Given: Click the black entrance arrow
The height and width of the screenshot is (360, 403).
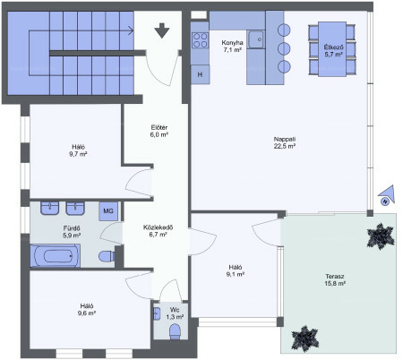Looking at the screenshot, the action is point(162,30).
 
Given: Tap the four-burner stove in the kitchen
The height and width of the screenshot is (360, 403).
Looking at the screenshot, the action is point(200,40).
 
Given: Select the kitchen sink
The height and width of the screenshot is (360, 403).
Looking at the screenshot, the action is point(256,39).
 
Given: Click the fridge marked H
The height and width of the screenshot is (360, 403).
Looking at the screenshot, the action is point(200,74).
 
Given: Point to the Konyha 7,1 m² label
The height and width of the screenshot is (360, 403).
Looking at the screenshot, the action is point(232,47).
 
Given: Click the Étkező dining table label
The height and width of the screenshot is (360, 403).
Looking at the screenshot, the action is point(333,51).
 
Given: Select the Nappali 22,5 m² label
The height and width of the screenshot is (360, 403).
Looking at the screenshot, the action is point(285,142).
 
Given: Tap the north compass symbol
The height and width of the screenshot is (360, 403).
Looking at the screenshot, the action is point(387,195).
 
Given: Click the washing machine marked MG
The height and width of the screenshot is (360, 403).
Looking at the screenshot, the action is point(108,211).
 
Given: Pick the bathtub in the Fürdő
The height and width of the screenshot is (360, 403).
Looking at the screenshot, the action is point(56,255).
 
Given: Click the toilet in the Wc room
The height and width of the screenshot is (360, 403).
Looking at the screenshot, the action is point(175,331).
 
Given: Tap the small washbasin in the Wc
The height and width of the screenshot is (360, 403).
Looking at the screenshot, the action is point(157,313).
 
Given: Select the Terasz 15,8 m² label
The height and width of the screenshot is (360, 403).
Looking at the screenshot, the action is point(335,279).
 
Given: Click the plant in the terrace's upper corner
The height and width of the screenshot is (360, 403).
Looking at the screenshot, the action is point(381,236).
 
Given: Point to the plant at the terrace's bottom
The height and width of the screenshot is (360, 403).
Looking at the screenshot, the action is point(304,339).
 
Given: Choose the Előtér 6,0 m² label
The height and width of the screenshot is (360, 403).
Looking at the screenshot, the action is point(159,131).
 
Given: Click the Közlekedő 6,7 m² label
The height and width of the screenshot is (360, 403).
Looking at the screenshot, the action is point(158,231).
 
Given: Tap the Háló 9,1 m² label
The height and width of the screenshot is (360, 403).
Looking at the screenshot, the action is point(236,270).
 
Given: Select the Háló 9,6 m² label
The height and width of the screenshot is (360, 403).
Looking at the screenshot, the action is point(87,310).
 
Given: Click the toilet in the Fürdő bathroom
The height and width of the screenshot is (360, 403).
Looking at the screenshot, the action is point(107,256).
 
